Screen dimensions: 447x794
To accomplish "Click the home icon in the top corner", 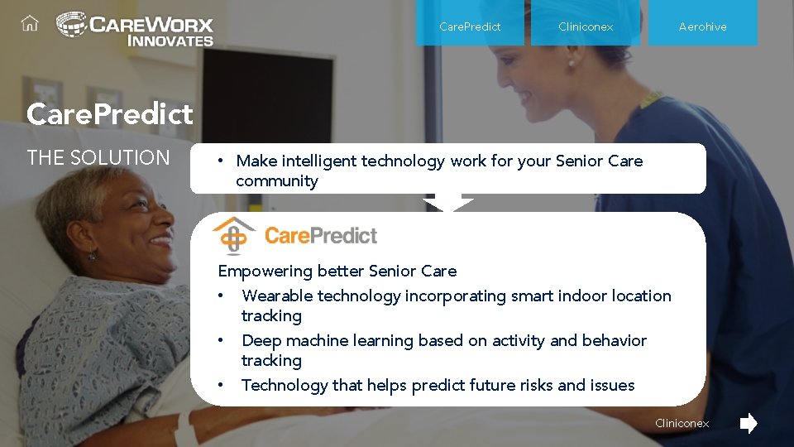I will pyautogui.click(x=30, y=24).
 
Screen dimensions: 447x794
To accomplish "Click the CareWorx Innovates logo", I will pyautogui.click(x=135, y=28).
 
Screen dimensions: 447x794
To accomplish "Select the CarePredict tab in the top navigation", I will pyautogui.click(x=470, y=26).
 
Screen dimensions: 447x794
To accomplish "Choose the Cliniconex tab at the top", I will pyautogui.click(x=586, y=26).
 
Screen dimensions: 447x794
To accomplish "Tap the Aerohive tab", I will pyautogui.click(x=702, y=26).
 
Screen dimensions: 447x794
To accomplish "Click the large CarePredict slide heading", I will pyautogui.click(x=109, y=113).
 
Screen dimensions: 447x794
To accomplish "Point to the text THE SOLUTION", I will pyautogui.click(x=98, y=157).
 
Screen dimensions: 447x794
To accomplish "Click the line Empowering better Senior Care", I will pyautogui.click(x=337, y=271).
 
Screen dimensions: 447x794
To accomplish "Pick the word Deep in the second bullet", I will pyautogui.click(x=259, y=340).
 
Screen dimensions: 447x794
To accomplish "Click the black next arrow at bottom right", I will pyautogui.click(x=748, y=424).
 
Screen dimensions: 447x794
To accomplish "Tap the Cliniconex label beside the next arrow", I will pyautogui.click(x=682, y=424).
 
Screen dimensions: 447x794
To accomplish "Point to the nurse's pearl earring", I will pyautogui.click(x=570, y=63).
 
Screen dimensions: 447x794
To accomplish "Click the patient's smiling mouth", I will pyautogui.click(x=159, y=243).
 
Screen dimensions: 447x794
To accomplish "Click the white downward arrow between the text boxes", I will pyautogui.click(x=448, y=204).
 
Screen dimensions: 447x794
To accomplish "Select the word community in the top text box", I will pyautogui.click(x=276, y=180).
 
